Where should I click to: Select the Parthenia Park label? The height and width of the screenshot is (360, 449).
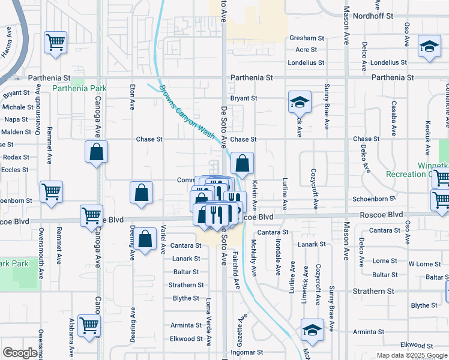click(x=79, y=88)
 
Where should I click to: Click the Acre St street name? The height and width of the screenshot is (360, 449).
click(x=306, y=50)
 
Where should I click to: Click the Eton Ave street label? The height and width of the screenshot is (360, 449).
click(x=132, y=97)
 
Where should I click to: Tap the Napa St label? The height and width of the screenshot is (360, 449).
click(x=16, y=119)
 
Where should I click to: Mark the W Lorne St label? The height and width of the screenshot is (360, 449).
click(x=424, y=264)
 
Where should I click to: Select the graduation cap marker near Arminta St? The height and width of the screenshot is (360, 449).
click(x=312, y=329)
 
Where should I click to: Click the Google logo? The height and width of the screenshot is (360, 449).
click(x=20, y=353)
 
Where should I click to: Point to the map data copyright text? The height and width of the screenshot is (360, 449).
click(x=411, y=355)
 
